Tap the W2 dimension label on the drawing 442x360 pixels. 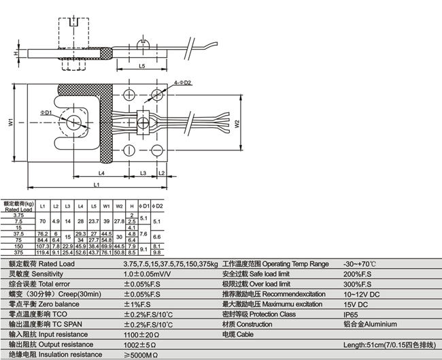tap(237, 124)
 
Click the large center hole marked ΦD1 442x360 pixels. tap(73, 122)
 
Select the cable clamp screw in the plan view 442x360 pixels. tap(144, 120)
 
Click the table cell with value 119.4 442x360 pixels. tap(43, 252)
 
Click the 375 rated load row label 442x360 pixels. tap(18, 252)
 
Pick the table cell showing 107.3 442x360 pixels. tap(43, 246)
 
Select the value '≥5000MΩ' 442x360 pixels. tap(141, 355)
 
